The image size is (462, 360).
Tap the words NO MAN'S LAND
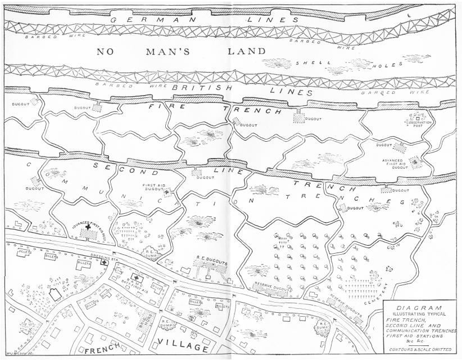point(181,52)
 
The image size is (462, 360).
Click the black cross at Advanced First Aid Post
point(87,238)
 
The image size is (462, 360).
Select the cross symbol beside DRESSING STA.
point(104,263)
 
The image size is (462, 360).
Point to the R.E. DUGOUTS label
point(211,263)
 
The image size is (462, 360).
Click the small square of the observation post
point(418,118)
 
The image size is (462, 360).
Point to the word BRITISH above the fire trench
point(194,88)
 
